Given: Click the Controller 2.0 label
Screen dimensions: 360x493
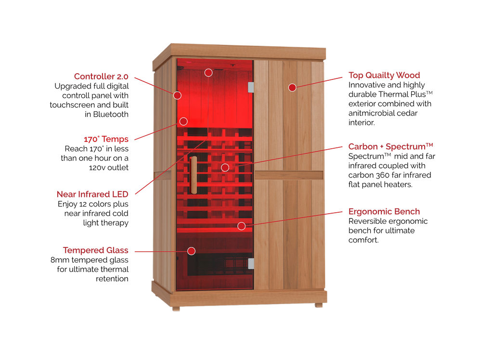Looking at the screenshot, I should (101, 76).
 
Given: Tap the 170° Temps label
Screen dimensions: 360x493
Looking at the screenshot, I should (106, 140).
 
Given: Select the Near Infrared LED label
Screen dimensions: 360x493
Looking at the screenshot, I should (92, 194).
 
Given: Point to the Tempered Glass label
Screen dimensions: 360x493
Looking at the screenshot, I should (96, 250).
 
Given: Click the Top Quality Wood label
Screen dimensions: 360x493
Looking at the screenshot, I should (384, 75).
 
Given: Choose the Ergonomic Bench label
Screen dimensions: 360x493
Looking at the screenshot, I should (384, 211).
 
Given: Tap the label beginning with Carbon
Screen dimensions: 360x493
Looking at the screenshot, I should (390, 146).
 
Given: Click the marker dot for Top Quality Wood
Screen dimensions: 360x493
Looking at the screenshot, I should (292, 87).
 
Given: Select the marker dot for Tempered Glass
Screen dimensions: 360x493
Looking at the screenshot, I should (191, 251).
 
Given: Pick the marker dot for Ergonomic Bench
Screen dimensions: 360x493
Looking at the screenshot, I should (241, 226).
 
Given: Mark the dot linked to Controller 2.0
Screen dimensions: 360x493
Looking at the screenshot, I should (178, 95).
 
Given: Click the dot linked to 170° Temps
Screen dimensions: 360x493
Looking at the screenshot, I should (183, 121).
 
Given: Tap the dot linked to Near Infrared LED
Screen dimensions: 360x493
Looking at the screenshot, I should (208, 72).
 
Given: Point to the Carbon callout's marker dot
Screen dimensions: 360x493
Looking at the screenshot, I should (225, 167).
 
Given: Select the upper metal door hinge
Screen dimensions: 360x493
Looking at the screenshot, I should (250, 87).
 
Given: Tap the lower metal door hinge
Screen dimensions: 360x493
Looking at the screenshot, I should (250, 263).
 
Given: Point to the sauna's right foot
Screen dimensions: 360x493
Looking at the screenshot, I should (317, 305).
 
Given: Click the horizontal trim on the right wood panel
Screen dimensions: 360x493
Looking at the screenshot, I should (289, 175).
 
